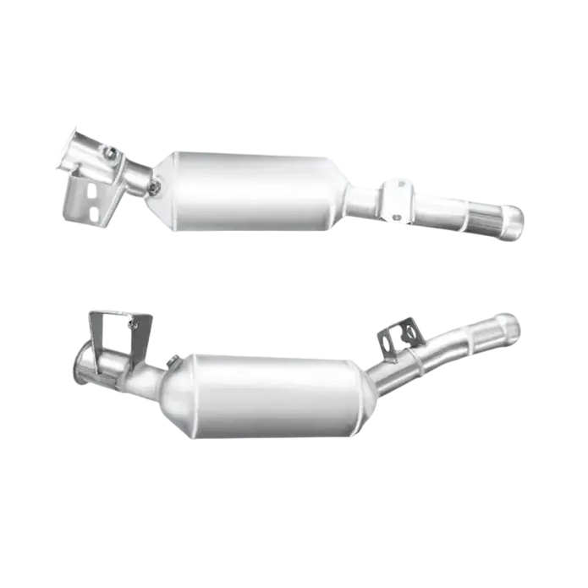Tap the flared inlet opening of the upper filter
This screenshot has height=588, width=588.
(78, 147)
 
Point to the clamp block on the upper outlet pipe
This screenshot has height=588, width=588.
(394, 198)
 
